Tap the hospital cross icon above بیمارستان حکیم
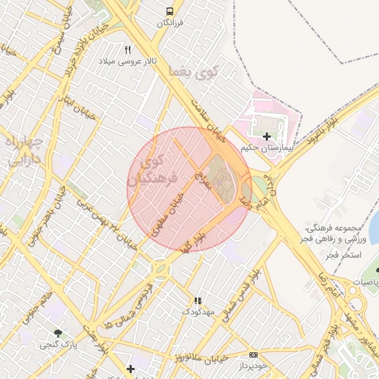(x=266, y=136)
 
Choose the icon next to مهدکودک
(x=198, y=301)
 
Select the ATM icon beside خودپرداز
(x=253, y=355)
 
